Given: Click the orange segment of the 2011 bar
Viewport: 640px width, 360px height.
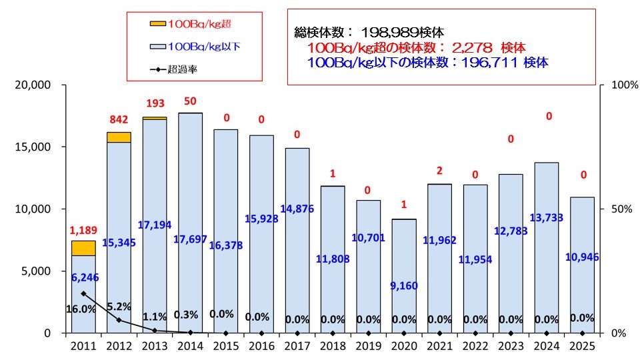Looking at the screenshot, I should pyautogui.click(x=83, y=248).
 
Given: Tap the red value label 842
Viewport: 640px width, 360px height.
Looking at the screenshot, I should pyautogui.click(x=119, y=119).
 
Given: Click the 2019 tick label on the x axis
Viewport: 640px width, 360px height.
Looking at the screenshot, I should pyautogui.click(x=369, y=345).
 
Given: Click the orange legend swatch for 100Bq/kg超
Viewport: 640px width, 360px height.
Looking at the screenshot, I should pyautogui.click(x=158, y=23).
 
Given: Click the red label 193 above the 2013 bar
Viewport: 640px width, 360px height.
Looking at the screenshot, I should pyautogui.click(x=155, y=105).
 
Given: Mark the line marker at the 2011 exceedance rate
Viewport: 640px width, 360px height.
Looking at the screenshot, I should pyautogui.click(x=83, y=293).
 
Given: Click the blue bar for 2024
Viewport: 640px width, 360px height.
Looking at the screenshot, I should pyautogui.click(x=547, y=200).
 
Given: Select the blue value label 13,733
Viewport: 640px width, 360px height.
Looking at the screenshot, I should pyautogui.click(x=547, y=236).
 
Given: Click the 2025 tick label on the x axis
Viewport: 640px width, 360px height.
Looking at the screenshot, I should pyautogui.click(x=582, y=345).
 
